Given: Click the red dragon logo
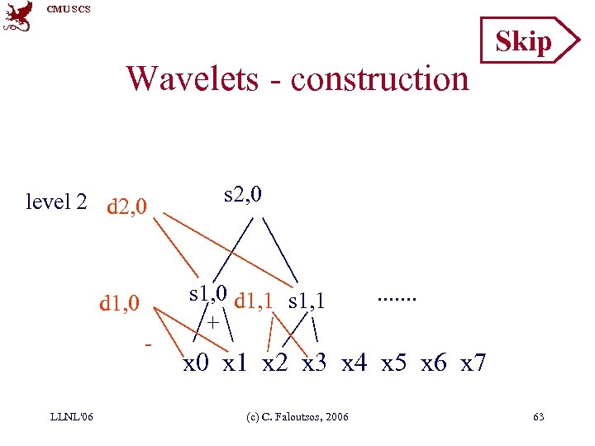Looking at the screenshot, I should tap(18, 17).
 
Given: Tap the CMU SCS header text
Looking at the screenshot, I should tap(69, 9).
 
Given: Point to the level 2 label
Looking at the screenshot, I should tap(56, 202).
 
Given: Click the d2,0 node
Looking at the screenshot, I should tap(127, 205).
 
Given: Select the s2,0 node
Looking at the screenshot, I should tap(243, 194).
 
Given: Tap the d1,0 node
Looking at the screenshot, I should tap(119, 303).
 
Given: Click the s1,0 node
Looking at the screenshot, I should tap(208, 294).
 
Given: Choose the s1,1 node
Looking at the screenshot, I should tap(307, 301).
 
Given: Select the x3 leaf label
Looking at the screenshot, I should tap(318, 363).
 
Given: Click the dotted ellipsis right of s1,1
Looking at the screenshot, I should tap(397, 296).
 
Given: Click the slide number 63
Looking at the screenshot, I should tap(538, 416).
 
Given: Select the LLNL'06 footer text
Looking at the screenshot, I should tap(73, 416).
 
